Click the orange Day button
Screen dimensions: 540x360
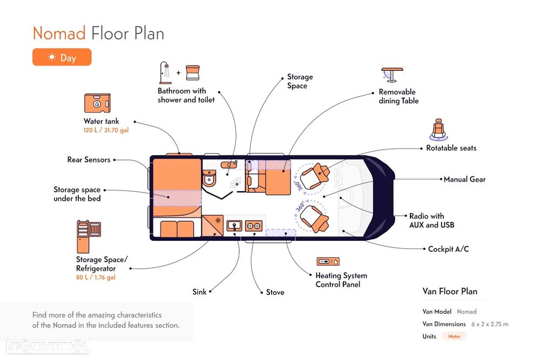pyautogui.click(x=62, y=57)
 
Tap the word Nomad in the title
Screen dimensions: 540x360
pyautogui.click(x=59, y=33)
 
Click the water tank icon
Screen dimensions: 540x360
pyautogui.click(x=97, y=103)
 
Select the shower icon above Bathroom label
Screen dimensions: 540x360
pyautogui.click(x=165, y=73)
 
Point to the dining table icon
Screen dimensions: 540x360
pyautogui.click(x=392, y=74)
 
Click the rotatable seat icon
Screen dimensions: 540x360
pyautogui.click(x=438, y=130)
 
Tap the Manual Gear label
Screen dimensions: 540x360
pyautogui.click(x=464, y=179)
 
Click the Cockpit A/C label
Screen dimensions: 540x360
pyautogui.click(x=448, y=249)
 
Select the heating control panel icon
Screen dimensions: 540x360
pyautogui.click(x=328, y=262)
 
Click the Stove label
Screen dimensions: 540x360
pyautogui.click(x=275, y=292)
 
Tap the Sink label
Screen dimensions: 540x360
pyautogui.click(x=199, y=292)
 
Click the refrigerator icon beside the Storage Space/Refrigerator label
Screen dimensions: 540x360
pyautogui.click(x=89, y=236)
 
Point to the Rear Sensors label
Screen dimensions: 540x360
pyautogui.click(x=89, y=160)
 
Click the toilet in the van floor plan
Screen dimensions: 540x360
pyautogui.click(x=208, y=178)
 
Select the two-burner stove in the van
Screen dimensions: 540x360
pyautogui.click(x=254, y=226)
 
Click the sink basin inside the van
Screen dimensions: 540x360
pyautogui.click(x=234, y=226)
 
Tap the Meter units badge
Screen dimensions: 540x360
pyautogui.click(x=454, y=336)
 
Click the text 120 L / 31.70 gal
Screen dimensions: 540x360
pyautogui.click(x=106, y=130)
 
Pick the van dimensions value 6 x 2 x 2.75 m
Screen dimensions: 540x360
pyautogui.click(x=490, y=324)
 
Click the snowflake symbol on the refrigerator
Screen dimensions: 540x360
pyautogui.click(x=218, y=220)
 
